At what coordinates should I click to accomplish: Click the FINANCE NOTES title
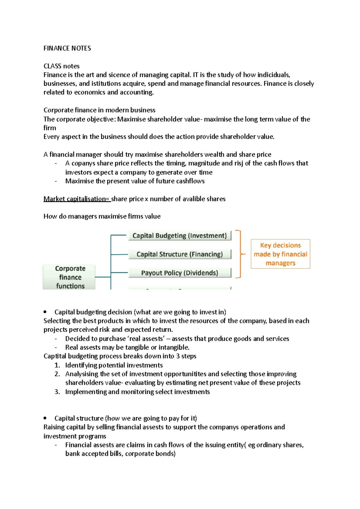tap(67, 48)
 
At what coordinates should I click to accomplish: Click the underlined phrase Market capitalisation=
tap(77, 199)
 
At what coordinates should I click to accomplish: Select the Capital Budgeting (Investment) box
tap(179, 236)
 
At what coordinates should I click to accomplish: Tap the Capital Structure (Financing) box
tap(179, 254)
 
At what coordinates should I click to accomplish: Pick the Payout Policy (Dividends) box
tap(179, 273)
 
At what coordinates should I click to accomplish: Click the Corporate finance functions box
tap(70, 277)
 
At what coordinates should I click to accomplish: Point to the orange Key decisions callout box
tap(280, 254)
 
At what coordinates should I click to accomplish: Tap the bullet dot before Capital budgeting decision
tap(45, 312)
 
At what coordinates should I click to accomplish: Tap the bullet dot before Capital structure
tap(45, 418)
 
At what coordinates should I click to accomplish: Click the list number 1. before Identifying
tap(57, 365)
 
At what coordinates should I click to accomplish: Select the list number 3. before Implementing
tap(57, 392)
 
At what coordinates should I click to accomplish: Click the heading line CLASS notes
tap(61, 66)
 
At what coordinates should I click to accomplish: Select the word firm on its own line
tap(50, 128)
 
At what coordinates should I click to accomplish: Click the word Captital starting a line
tap(55, 356)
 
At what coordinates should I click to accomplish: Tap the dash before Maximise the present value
tap(56, 181)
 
